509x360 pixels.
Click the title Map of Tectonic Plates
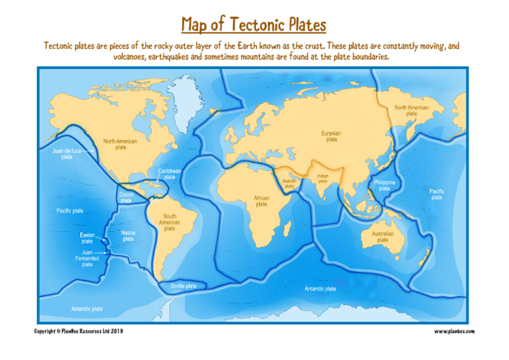254,25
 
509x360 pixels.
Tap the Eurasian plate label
331,136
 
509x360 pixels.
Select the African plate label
262,201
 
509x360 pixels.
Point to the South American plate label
170,222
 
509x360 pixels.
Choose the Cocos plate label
126,197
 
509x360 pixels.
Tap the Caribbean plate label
170,174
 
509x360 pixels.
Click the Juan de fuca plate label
67,154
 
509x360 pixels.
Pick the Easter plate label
87,238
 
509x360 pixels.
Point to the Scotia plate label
183,286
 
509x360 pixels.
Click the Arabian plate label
289,183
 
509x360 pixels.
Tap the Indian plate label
323,178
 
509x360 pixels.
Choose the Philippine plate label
384,185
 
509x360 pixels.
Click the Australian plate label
382,237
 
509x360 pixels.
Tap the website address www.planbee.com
455,331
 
